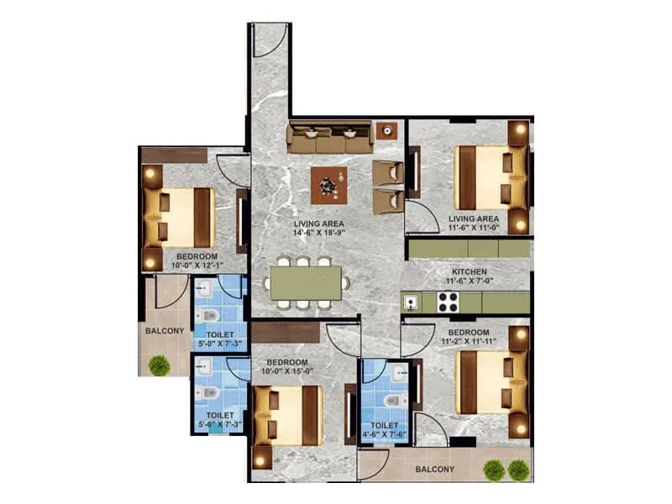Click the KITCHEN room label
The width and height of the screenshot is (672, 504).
[470, 272]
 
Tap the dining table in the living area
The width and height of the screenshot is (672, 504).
[307, 281]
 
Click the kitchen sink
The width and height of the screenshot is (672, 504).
[412, 301]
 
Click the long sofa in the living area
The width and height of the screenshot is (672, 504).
[328, 138]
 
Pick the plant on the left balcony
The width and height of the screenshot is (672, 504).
[158, 364]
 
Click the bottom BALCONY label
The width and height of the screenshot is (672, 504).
[434, 470]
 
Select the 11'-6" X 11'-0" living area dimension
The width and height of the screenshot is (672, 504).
[475, 228]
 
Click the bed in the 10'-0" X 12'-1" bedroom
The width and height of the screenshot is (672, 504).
[179, 217]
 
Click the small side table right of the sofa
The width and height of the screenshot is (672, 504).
[386, 131]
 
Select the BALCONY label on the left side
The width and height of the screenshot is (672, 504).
[165, 330]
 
